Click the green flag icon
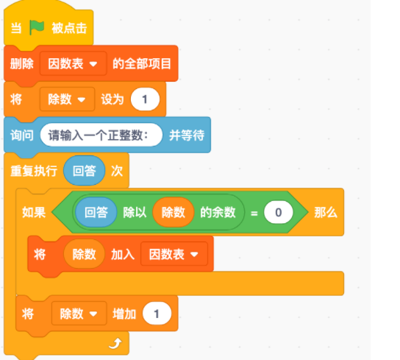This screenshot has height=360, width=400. [37, 27]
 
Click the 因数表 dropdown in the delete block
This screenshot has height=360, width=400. [73, 63]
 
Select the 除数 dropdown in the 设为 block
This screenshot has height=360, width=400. [67, 99]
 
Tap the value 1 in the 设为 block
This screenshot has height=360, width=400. [145, 99]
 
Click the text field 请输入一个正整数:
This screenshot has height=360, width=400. [101, 135]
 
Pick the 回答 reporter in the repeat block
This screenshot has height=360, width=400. [84, 171]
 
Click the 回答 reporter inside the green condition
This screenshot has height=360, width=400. [96, 212]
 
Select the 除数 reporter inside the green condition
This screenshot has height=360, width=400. [174, 212]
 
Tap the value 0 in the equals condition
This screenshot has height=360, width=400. [279, 212]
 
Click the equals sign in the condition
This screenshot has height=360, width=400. [254, 213]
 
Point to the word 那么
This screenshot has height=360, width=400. [326, 212]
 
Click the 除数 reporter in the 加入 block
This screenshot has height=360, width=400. [84, 254]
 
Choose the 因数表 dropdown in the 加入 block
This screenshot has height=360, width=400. [174, 254]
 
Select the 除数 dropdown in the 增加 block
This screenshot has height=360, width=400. [79, 313]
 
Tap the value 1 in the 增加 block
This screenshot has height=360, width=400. [157, 313]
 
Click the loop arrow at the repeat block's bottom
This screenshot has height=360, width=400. [115, 343]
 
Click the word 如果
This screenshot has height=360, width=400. [34, 212]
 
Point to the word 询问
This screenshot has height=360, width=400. [22, 135]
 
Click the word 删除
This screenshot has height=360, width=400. [22, 63]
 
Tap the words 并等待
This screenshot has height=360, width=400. [187, 135]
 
